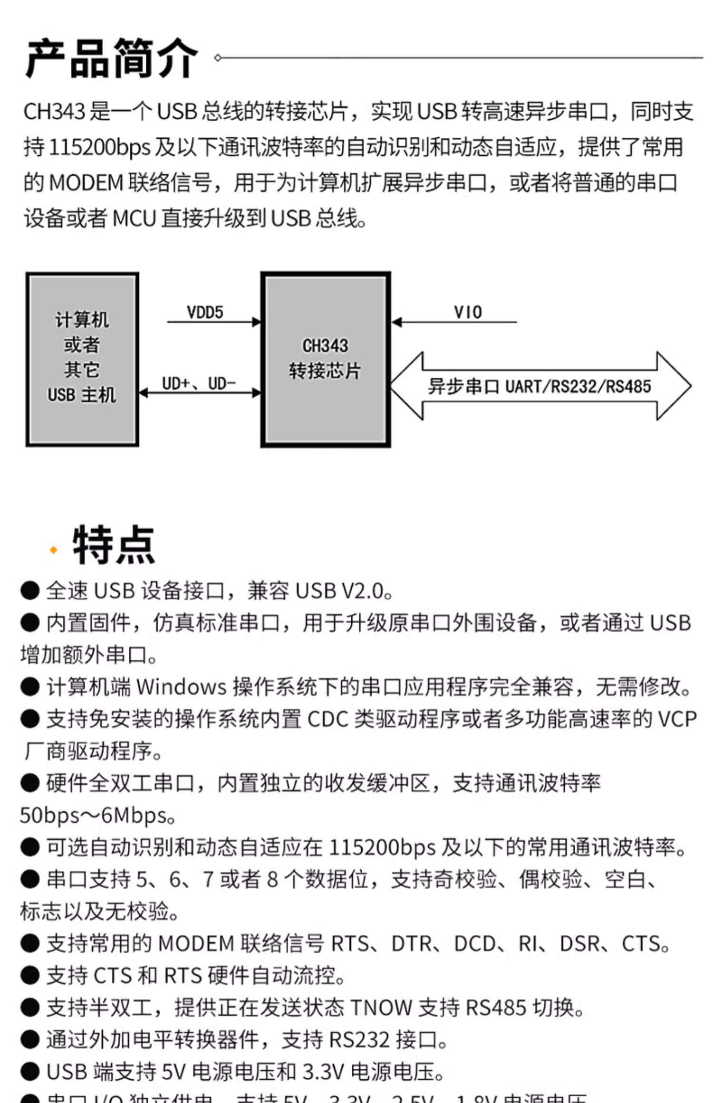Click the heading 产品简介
112,58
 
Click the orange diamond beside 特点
53,550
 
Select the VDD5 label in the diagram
205,312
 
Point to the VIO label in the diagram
468,312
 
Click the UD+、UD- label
199,383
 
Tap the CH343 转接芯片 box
326,359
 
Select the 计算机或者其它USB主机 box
82,359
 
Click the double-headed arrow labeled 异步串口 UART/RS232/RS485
540,386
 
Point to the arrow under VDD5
214,322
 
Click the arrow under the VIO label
454,322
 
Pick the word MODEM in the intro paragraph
86,183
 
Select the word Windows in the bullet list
181,687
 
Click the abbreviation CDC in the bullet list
328,719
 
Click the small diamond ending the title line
218,58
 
